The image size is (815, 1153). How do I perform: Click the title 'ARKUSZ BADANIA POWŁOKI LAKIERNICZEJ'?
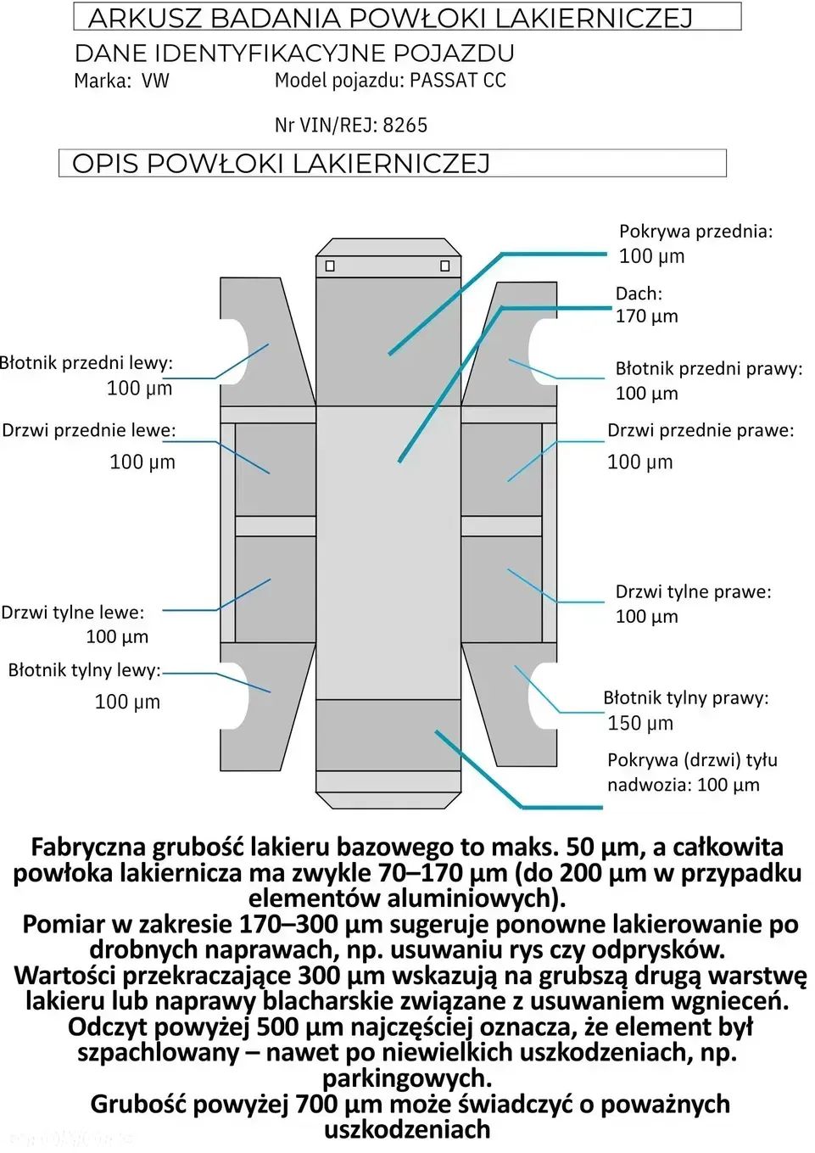[x=391, y=18]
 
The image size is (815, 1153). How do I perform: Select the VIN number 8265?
[x=405, y=126]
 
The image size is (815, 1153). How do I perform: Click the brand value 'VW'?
[x=155, y=81]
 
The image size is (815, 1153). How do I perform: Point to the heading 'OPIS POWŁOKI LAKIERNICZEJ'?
[x=282, y=164]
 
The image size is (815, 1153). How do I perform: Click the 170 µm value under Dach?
[x=646, y=316]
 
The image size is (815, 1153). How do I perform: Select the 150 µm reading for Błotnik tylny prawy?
[x=640, y=724]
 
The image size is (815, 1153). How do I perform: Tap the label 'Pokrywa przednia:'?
[x=695, y=232]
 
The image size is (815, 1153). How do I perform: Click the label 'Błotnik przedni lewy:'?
[x=87, y=363]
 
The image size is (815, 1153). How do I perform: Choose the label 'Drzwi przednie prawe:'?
[x=701, y=431]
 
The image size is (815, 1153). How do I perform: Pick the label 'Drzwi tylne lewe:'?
[x=73, y=613]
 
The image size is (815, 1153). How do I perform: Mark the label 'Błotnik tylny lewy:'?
[x=84, y=670]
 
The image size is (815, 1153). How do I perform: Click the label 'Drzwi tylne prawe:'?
[x=693, y=592]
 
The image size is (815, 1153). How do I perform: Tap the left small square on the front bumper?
[x=330, y=266]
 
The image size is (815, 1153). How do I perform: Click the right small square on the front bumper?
[x=444, y=266]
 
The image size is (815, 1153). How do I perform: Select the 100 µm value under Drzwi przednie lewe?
[x=142, y=462]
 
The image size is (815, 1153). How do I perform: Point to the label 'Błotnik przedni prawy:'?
[x=708, y=369]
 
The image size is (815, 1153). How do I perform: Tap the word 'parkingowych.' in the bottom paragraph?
[x=407, y=1079]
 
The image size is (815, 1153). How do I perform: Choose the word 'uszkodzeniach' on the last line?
[x=407, y=1130]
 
